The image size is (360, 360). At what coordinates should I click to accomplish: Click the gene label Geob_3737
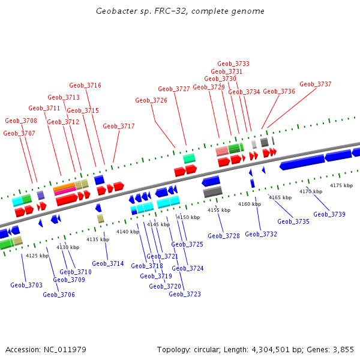tap(316, 85)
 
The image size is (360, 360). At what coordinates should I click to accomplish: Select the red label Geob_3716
tap(85, 85)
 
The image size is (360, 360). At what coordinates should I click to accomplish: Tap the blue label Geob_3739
tap(329, 214)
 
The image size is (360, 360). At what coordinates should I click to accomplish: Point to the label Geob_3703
tap(26, 285)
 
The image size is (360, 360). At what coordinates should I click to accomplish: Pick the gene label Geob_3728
tap(224, 236)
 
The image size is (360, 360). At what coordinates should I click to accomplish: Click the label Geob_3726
tap(151, 100)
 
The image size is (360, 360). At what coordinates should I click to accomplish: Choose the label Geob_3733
tap(233, 64)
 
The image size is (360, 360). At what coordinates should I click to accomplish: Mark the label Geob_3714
tap(108, 263)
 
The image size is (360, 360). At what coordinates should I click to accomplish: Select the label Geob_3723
tap(185, 294)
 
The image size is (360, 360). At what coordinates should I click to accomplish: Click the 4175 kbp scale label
tap(341, 185)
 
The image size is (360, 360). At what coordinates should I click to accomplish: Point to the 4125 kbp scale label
tap(37, 256)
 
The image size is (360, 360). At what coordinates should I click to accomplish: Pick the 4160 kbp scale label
tap(250, 204)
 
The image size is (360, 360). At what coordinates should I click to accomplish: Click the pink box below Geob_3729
tap(222, 151)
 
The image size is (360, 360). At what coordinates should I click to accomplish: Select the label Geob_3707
tap(19, 133)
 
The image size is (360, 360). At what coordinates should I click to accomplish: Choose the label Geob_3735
tap(293, 221)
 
